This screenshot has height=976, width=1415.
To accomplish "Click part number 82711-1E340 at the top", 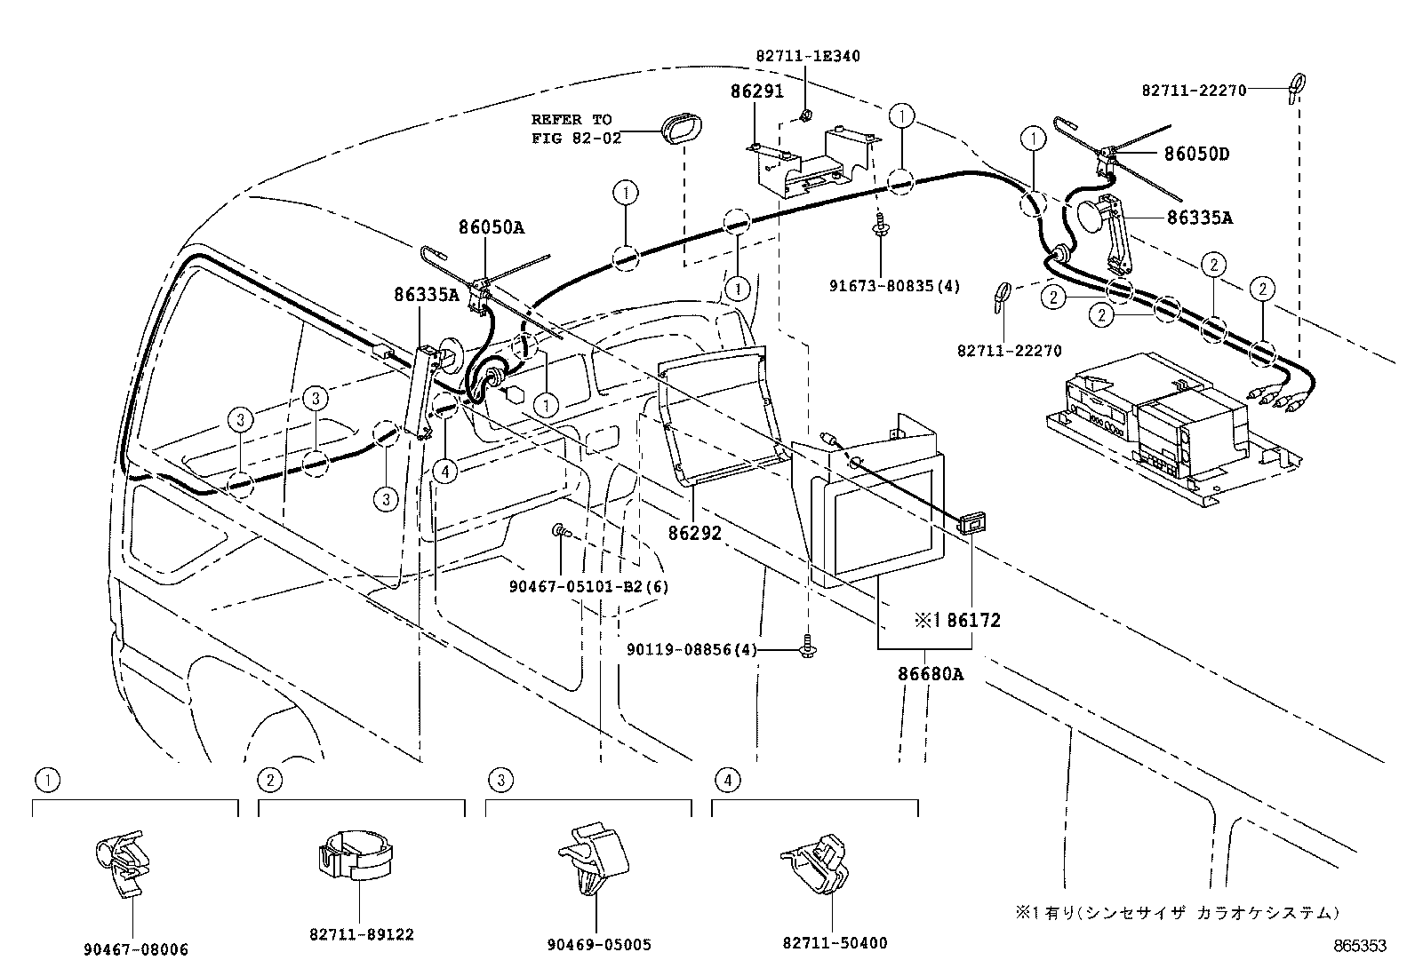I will [x=808, y=56].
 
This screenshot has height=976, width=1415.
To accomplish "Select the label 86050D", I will [x=1196, y=154].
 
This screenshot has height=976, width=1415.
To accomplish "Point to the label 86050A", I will [x=492, y=227].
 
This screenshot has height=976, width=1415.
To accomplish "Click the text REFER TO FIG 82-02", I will [x=572, y=129].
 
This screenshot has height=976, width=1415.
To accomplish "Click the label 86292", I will [x=695, y=533].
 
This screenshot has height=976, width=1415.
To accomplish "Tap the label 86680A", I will [x=930, y=674].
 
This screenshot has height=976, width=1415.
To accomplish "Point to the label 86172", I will [x=973, y=620].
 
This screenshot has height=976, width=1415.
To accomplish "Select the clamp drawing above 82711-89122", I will [x=355, y=855].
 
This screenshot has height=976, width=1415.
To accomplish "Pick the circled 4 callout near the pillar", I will [x=445, y=471].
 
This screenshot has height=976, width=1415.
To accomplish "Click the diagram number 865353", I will [x=1358, y=947].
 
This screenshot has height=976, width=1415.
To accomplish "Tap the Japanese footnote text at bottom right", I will [x=1178, y=912].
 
